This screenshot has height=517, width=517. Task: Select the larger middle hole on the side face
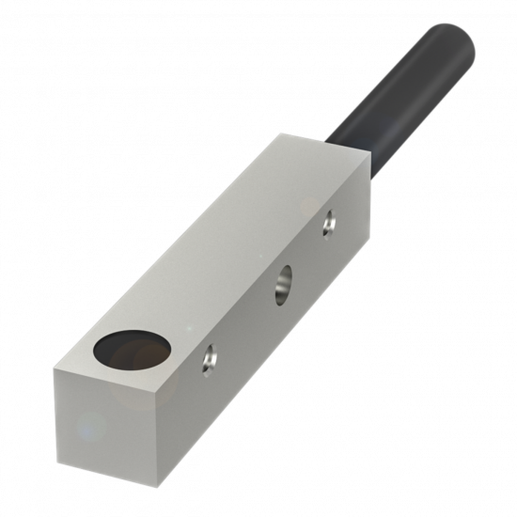pyautogui.click(x=283, y=283)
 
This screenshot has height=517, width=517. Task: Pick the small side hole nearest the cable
pyautogui.click(x=328, y=222)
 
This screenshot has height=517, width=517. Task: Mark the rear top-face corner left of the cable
pyautogui.click(x=280, y=133)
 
